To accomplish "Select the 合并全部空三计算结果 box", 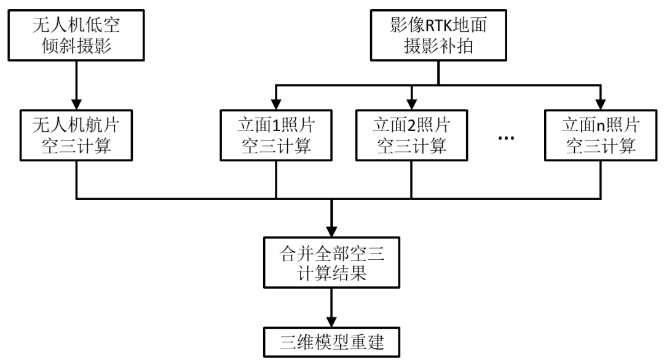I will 332,262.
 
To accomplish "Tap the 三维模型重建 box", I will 332,342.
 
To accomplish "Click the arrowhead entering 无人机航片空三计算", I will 76,103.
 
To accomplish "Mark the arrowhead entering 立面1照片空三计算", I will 275,103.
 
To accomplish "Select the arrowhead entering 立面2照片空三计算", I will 411,103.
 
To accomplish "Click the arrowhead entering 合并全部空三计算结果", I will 332,230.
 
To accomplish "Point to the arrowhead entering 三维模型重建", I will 332,323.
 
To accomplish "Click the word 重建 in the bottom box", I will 368,342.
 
